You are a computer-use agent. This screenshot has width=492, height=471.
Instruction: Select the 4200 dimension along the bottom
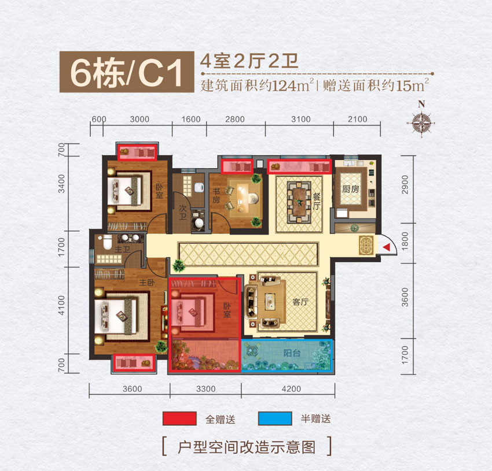click(291, 389)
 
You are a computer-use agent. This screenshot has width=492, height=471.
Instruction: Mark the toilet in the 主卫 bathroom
click(105, 243)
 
